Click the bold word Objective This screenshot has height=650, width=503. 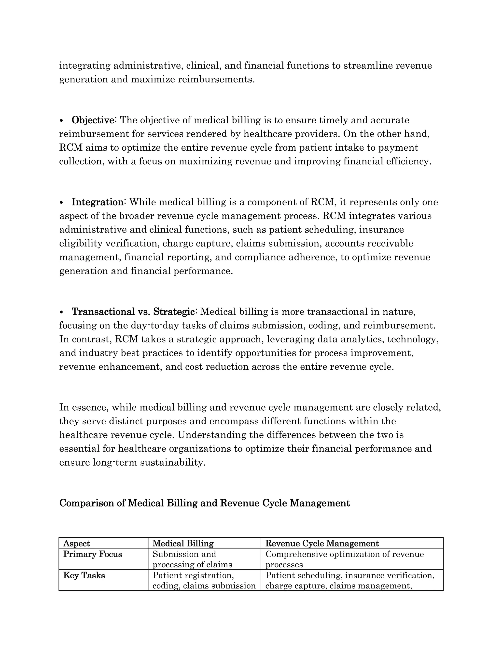[x=93, y=120]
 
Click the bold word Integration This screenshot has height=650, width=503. [x=98, y=202]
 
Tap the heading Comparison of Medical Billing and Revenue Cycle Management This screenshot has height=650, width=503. [x=204, y=503]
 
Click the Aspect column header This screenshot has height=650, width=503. [x=77, y=544]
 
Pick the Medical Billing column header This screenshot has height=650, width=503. [x=183, y=544]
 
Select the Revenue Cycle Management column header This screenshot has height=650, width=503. [x=322, y=544]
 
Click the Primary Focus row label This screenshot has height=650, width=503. [x=93, y=554]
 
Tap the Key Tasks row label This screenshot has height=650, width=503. [x=84, y=575]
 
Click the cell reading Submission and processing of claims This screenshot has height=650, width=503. [x=192, y=559]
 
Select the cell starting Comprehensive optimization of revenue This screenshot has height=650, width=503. [x=345, y=559]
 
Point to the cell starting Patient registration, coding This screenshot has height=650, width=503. [x=204, y=580]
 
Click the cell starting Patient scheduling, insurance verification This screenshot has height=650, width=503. [x=350, y=580]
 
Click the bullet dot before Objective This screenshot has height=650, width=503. [x=62, y=120]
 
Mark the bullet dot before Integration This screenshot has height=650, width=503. [x=62, y=202]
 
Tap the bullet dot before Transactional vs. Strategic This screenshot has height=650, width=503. [x=62, y=312]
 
